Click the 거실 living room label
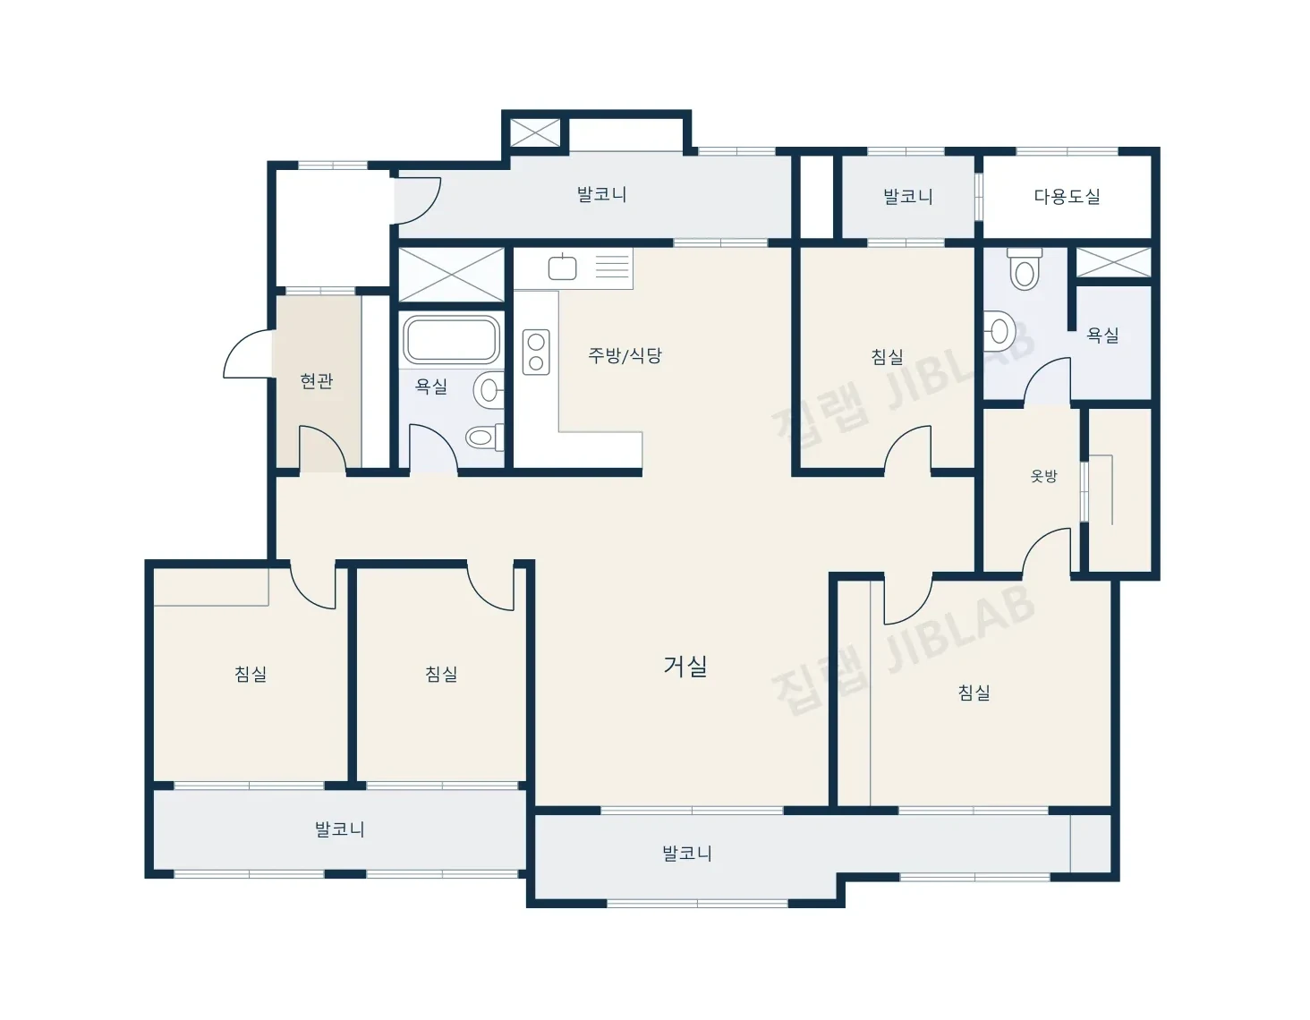coord(685,667)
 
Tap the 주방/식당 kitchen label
coord(625,355)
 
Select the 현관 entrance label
coord(317,381)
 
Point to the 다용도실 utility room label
coord(1067,196)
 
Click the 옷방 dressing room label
coord(1043,476)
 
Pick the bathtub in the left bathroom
coord(452,339)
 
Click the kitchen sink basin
coord(562,268)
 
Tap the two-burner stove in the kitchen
coord(536,352)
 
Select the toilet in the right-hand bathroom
coord(1025,268)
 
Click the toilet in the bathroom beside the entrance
coord(484,436)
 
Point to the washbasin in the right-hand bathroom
coord(998,331)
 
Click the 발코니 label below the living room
coord(687,853)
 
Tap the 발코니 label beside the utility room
coord(908,196)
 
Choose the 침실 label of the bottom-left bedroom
coord(251,674)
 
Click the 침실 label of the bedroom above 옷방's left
coord(888,356)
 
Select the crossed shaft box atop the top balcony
coord(535,132)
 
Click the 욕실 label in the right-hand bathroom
coord(1102,335)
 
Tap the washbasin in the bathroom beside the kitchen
coord(489,390)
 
